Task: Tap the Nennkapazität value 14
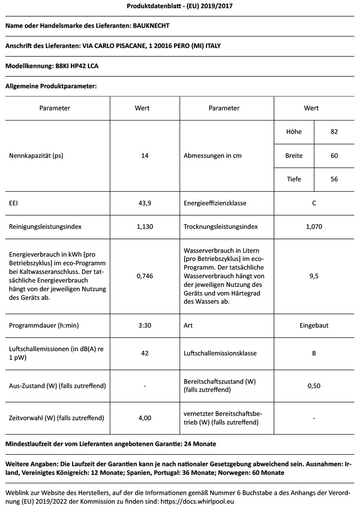click(x=144, y=156)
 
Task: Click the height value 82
click(x=334, y=132)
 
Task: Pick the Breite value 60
click(x=334, y=156)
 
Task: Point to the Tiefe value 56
click(x=334, y=179)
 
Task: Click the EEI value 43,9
click(x=144, y=203)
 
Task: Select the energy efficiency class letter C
click(x=314, y=203)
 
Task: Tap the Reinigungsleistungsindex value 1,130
click(x=144, y=226)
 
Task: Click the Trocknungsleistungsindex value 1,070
click(x=314, y=226)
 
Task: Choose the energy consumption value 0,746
click(x=144, y=276)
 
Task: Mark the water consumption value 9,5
click(x=314, y=276)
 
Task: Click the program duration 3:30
click(x=144, y=325)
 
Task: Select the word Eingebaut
click(x=314, y=325)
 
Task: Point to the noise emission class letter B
click(x=314, y=353)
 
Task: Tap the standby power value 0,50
click(x=314, y=386)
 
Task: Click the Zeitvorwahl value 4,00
click(x=144, y=418)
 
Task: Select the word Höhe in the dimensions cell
click(x=294, y=132)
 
